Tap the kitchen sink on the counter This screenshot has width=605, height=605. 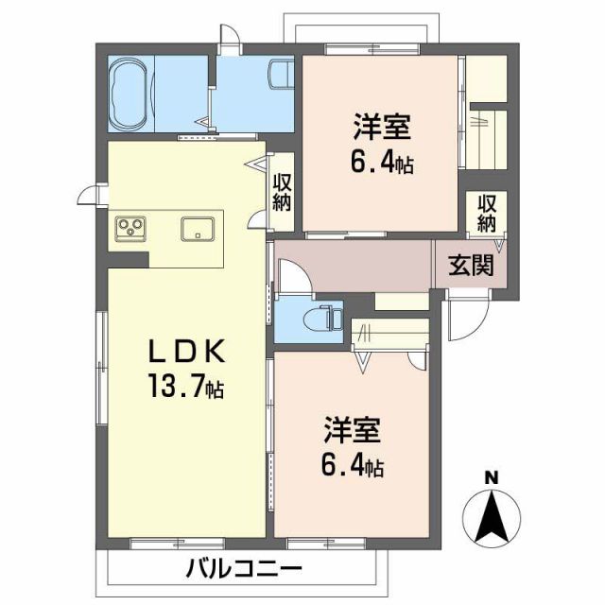point(198,228)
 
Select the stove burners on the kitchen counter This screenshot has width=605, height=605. point(130,228)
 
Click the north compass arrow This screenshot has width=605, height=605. point(491,519)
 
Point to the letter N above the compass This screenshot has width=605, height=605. point(491,478)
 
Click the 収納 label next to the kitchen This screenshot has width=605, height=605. point(282,192)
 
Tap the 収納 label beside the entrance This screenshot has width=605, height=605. point(487,214)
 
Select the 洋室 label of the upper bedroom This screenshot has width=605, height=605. point(382,128)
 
